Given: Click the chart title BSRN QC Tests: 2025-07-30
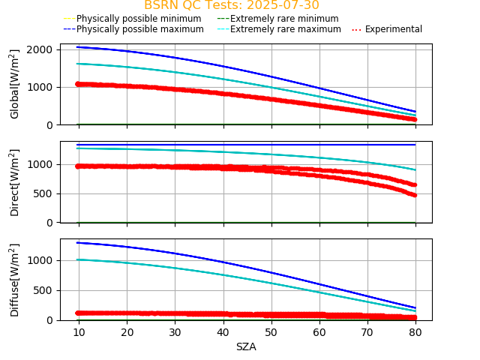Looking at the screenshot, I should [231, 5].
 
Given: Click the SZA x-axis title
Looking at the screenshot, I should [246, 347].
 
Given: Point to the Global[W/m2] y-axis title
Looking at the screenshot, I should [15, 84].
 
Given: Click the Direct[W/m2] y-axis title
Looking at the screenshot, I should [15, 182].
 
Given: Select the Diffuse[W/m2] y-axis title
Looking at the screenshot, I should [15, 280].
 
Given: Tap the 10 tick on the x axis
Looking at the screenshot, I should [79, 332].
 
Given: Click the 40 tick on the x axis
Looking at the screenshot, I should [223, 332].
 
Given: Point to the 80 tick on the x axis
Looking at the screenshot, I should [415, 332].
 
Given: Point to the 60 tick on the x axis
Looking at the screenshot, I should [319, 332].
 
